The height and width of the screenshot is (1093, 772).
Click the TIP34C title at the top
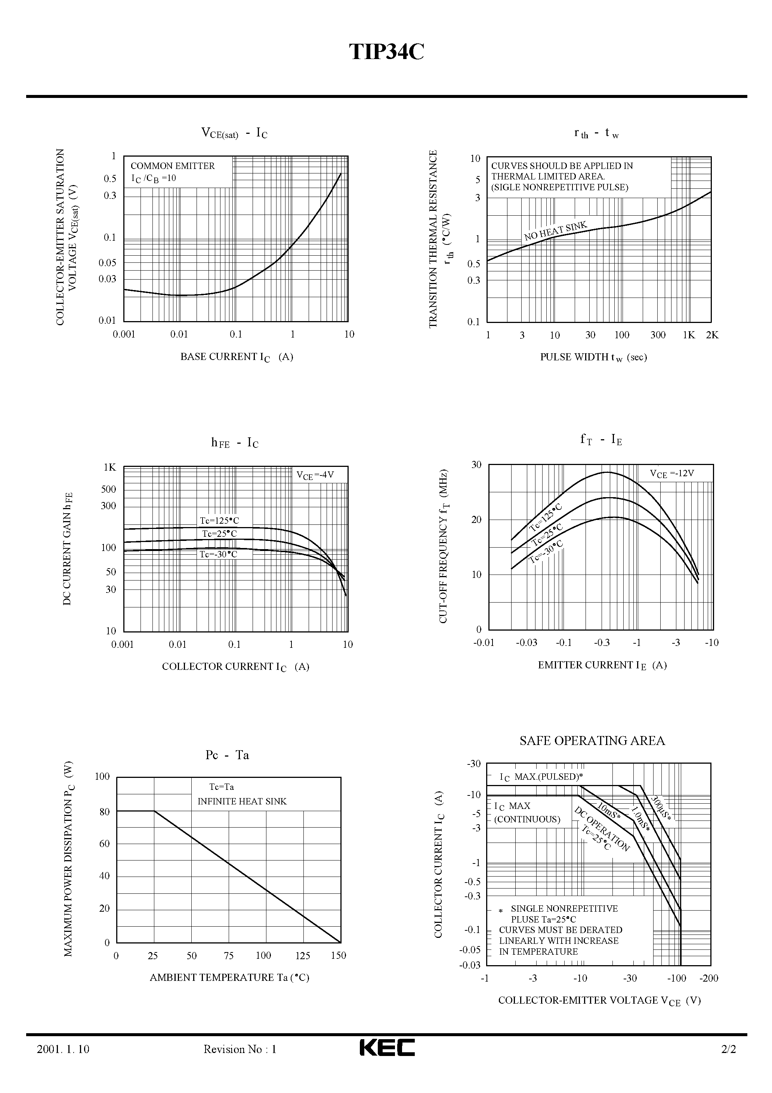pyautogui.click(x=386, y=52)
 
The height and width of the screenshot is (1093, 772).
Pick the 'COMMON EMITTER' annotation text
pyautogui.click(x=172, y=166)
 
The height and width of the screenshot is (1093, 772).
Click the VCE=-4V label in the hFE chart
pyautogui.click(x=315, y=475)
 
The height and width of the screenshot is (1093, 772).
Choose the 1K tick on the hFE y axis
pyautogui.click(x=110, y=468)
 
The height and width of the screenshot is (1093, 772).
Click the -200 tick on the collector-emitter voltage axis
pyautogui.click(x=709, y=978)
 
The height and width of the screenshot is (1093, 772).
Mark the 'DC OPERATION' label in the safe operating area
pyautogui.click(x=602, y=829)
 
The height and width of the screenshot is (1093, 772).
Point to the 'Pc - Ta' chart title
pyautogui.click(x=227, y=755)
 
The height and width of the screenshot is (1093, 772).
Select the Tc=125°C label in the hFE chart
pyautogui.click(x=219, y=521)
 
